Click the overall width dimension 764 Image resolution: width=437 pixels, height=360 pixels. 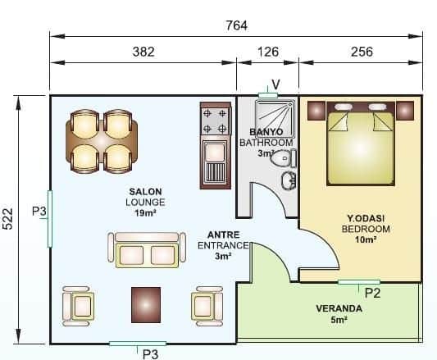tap(236, 25)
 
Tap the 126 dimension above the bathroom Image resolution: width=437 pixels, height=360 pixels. tap(268, 52)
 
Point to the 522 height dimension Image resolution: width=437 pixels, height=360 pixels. tap(8, 219)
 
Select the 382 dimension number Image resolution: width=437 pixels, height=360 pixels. tap(143, 52)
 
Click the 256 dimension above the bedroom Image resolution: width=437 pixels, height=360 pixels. tap(362, 52)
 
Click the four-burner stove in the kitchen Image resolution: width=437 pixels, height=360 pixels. tap(215, 121)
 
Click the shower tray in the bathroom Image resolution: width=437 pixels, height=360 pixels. tap(275, 119)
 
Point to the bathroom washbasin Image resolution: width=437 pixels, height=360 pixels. tap(289, 180)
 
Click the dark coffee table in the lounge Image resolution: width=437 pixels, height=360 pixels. tap(146, 305)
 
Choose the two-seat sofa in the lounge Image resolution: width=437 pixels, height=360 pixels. tap(147, 250)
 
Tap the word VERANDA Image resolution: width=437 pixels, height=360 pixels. tap(339, 308)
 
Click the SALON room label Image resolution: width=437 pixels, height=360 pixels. tap(145, 192)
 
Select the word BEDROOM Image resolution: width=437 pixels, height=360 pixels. tap(366, 229)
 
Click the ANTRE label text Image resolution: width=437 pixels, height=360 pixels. tap(223, 235)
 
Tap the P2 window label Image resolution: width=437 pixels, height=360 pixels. tap(372, 293)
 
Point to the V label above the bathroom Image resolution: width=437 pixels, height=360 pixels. tap(275, 84)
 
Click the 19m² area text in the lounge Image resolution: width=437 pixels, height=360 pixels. tap(145, 213)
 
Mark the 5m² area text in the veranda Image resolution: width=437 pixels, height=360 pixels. tap(339, 320)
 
